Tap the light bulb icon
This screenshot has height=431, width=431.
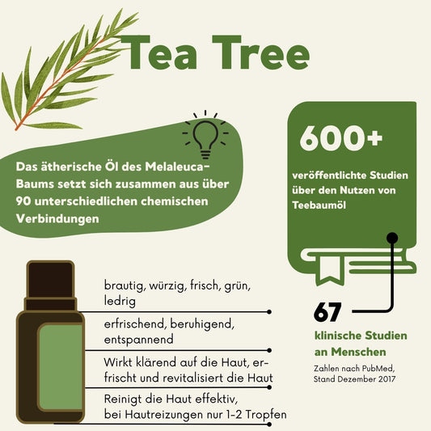(205, 133)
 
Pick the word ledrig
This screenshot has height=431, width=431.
(120, 301)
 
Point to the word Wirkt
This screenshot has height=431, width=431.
(120, 361)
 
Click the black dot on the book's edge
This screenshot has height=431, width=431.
(393, 238)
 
